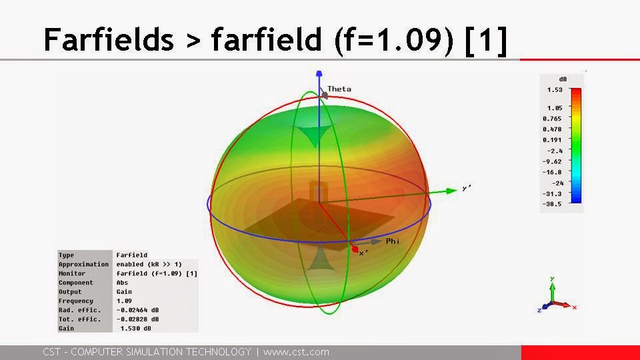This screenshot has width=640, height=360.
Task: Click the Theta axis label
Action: click(x=339, y=89)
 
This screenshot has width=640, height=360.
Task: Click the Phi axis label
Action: click(x=393, y=241)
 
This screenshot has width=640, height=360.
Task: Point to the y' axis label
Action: click(x=467, y=188)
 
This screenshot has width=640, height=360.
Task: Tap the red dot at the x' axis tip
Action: click(x=355, y=249)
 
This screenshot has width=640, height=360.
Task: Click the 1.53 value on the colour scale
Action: click(x=555, y=90)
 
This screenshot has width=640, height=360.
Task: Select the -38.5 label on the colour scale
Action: click(x=553, y=204)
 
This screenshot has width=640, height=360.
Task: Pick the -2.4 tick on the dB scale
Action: click(x=555, y=151)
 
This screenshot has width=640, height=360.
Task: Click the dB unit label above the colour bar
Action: click(x=563, y=79)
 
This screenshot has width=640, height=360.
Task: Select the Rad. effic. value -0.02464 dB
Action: click(x=138, y=310)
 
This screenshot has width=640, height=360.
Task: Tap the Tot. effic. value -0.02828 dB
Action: click(x=138, y=319)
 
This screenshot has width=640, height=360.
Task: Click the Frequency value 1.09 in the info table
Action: click(x=123, y=301)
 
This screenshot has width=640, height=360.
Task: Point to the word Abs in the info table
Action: click(x=122, y=283)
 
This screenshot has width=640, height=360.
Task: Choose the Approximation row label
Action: click(x=83, y=264)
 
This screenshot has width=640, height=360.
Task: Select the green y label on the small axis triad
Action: click(x=553, y=279)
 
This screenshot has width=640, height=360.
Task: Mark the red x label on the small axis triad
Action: click(x=574, y=307)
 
